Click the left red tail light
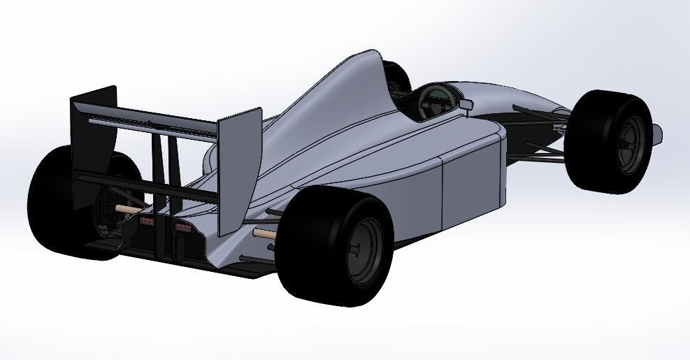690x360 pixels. point(148,221)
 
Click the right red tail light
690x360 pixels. point(183,227)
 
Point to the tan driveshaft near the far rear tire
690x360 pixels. point(130,208)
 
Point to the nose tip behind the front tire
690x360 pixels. point(658,130)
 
